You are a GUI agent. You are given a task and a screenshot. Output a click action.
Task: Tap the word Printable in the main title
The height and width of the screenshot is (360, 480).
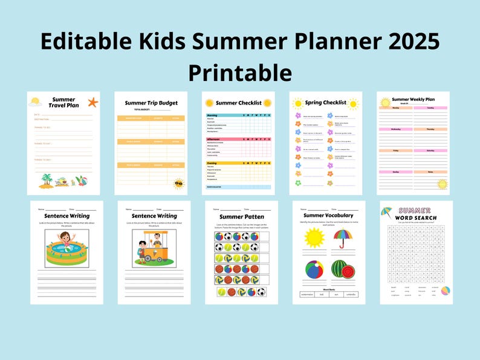point(240,72)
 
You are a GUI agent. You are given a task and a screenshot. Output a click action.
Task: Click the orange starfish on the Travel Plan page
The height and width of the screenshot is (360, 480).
point(92,102)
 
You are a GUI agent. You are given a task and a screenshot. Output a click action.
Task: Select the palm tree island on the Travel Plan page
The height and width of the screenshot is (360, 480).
point(47,179)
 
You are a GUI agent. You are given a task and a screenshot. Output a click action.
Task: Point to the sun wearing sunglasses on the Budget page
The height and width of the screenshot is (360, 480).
point(178,184)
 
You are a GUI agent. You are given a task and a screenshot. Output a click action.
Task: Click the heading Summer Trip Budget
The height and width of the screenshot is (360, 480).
point(151,103)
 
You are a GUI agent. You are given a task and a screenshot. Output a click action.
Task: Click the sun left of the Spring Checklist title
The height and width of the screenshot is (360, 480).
point(297,103)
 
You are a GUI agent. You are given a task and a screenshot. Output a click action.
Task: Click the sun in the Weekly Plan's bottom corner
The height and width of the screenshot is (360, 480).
point(442,184)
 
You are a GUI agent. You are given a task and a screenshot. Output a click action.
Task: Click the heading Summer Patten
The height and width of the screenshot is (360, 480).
point(241,216)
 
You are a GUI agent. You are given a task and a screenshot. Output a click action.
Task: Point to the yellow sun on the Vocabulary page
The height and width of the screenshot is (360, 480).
point(314,237)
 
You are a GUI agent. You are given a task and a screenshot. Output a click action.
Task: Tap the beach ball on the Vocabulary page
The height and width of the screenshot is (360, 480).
point(314,269)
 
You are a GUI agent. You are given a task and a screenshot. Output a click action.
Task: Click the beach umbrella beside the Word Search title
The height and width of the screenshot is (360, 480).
point(386,211)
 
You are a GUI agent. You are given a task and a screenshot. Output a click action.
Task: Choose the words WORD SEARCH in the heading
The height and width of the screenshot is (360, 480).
point(417,217)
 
